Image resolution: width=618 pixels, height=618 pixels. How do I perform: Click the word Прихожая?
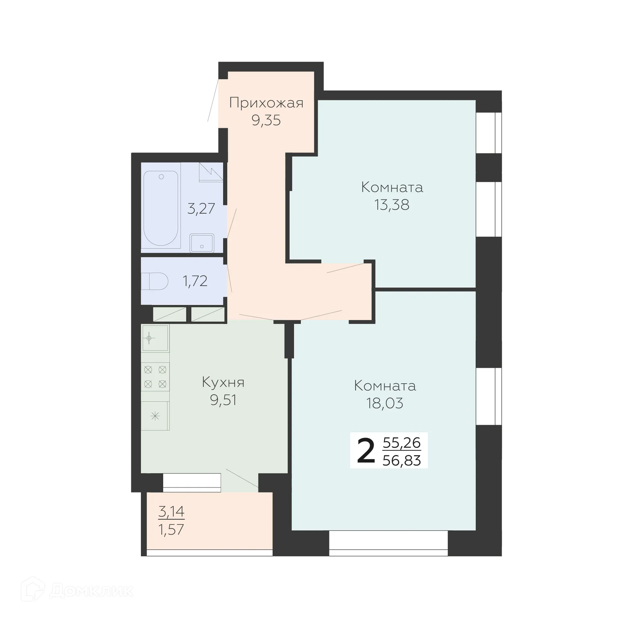tap(266, 103)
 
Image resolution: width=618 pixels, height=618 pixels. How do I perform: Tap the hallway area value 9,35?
tap(266, 120)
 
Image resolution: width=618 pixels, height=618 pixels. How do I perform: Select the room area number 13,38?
tap(392, 205)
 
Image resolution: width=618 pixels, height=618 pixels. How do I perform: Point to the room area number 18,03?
tap(385, 403)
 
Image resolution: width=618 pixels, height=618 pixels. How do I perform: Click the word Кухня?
tap(223, 382)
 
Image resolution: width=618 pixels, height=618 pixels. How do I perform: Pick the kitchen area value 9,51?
tap(223, 400)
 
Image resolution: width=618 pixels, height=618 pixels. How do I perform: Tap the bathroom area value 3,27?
tap(201, 209)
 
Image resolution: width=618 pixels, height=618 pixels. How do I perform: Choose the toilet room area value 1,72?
tap(195, 281)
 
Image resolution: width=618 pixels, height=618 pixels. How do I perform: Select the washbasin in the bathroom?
tap(202, 243)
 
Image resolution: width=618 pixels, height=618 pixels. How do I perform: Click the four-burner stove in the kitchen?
tap(155, 377)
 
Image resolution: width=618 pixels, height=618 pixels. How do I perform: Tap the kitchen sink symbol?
tap(155, 338)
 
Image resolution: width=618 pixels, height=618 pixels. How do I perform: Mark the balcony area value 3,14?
tap(171, 511)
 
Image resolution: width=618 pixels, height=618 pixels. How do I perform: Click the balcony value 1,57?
tap(171, 529)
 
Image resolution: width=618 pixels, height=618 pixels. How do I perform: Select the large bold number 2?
tap(366, 452)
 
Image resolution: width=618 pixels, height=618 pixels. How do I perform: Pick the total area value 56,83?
tap(402, 461)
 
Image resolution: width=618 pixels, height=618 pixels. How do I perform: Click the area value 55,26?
tap(402, 443)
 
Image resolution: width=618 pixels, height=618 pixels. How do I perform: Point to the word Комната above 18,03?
tap(385, 386)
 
